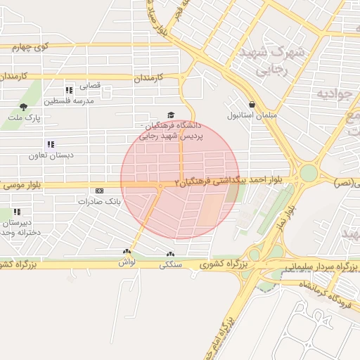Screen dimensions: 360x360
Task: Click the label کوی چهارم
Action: coord(30,48)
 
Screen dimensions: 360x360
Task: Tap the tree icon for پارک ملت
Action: coord(24,107)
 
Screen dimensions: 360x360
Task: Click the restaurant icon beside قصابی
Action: coord(69,90)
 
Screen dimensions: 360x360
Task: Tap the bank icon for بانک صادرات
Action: coord(98,191)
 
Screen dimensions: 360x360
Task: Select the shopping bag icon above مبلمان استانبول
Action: coord(252,103)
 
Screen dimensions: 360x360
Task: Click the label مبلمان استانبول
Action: coord(252,115)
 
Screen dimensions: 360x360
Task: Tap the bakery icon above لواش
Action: coord(127,252)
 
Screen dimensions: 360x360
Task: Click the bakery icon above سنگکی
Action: coord(169,255)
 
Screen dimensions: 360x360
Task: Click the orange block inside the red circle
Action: coord(210,210)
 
